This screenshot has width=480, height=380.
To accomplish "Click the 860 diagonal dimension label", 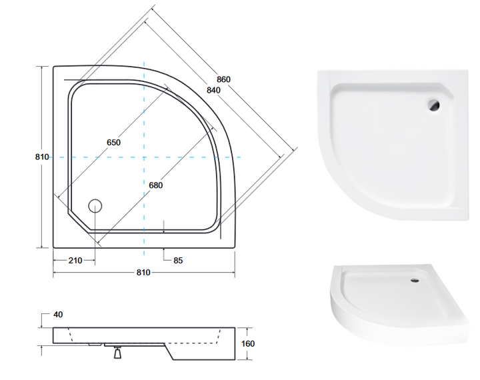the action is tap(223, 79).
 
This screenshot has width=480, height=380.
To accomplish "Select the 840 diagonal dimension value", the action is tap(213, 90).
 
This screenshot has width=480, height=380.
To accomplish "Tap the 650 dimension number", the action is tap(113, 143).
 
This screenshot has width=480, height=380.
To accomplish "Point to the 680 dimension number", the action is tap(156, 185).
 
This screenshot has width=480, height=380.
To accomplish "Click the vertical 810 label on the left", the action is tap(42, 157).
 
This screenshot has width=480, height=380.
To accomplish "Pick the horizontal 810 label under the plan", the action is tap(143, 272).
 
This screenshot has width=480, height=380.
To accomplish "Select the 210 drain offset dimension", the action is tap(75, 260).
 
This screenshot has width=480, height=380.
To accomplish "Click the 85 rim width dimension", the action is tap(178, 260).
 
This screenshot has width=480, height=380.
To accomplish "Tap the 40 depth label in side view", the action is tap(58, 315).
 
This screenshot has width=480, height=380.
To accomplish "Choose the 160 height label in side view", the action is tap(248, 343).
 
